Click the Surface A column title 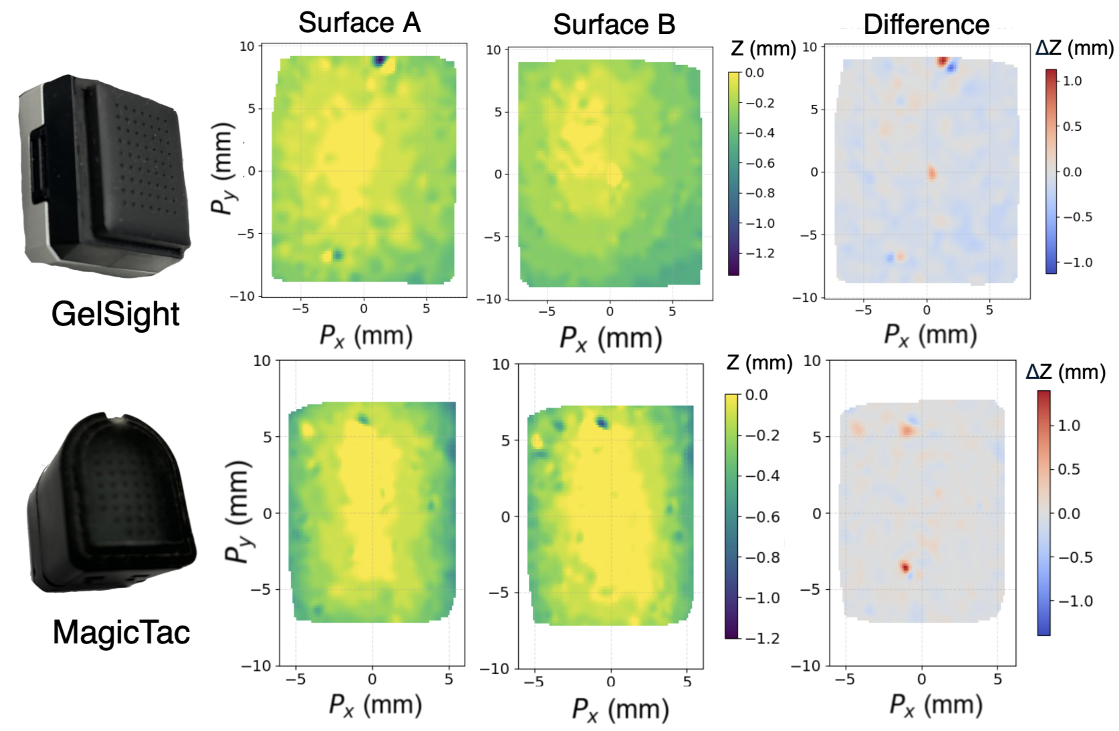(x=360, y=23)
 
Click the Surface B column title (x=614, y=25)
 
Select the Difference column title (x=926, y=25)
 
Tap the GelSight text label (x=115, y=314)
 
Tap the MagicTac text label (x=121, y=632)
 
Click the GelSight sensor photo (x=104, y=175)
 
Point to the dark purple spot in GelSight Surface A (x=380, y=61)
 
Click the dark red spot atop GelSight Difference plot (x=942, y=61)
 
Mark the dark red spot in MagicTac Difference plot (x=905, y=567)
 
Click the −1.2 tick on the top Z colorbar (x=760, y=253)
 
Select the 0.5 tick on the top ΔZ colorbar (x=1072, y=126)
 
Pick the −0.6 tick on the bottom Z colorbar (x=762, y=517)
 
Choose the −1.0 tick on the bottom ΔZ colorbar (x=1075, y=601)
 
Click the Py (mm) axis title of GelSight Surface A (x=223, y=168)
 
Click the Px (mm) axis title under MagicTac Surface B (x=620, y=710)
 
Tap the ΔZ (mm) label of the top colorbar (x=1074, y=48)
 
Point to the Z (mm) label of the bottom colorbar (x=759, y=363)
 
